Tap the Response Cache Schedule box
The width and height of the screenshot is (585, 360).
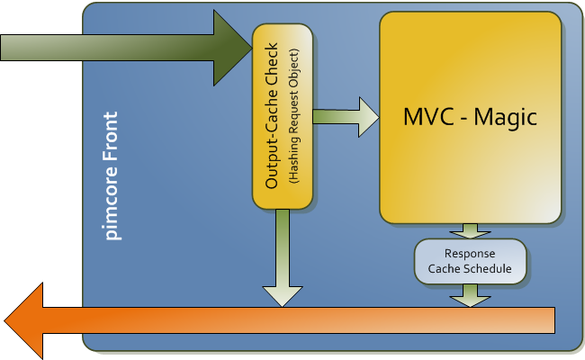point(469,261)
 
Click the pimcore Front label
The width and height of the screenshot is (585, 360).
point(112,176)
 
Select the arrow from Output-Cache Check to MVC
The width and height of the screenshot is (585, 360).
point(346,116)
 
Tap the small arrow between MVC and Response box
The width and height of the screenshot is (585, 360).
point(469,230)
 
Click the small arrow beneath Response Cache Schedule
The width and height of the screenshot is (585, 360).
point(469,294)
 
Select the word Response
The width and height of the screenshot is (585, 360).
point(469,253)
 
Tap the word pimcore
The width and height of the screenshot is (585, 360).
point(112,206)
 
